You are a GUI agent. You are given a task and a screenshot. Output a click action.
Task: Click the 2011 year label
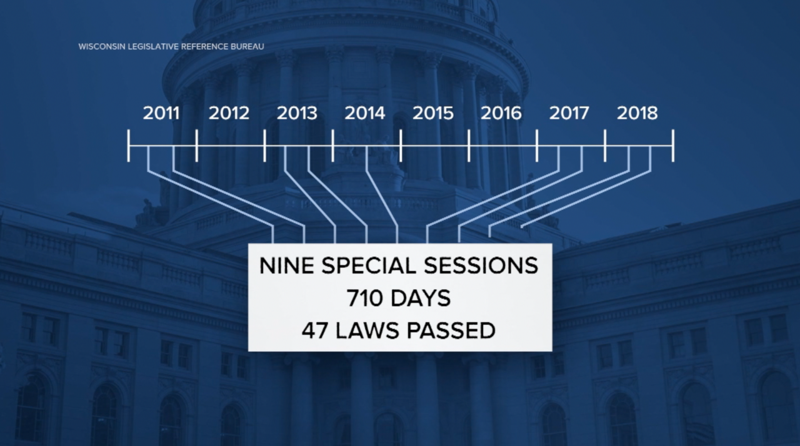[161, 114]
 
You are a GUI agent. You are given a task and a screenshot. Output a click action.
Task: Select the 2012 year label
[229, 114]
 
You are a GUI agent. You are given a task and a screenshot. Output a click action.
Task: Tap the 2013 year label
[297, 114]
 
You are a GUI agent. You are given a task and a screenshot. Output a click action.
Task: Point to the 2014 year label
[365, 114]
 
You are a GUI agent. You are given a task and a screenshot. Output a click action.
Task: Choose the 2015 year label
[433, 114]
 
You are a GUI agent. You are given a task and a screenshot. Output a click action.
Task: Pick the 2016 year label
[501, 114]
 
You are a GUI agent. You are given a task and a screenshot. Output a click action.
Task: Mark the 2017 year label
[569, 114]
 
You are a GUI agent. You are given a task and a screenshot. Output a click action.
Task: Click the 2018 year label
[637, 114]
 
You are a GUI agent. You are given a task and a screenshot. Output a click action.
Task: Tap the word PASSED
[451, 330]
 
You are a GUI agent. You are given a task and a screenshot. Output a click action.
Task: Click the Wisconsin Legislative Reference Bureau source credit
[171, 46]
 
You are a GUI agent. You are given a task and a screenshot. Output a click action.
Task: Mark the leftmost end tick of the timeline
[129, 146]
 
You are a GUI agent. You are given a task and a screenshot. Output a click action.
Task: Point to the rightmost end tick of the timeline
[673, 146]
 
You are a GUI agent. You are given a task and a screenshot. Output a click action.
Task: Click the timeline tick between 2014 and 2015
[401, 146]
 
